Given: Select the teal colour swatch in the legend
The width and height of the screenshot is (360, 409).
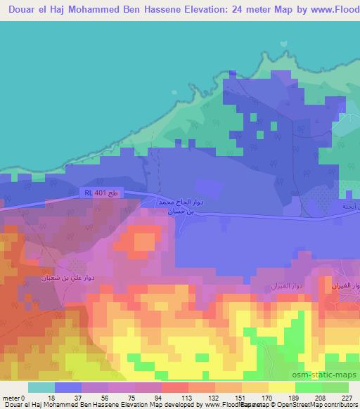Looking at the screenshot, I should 41,387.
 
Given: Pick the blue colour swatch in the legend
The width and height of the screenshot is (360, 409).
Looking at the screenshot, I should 68,387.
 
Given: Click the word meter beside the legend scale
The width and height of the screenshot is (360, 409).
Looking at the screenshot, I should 11,397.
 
